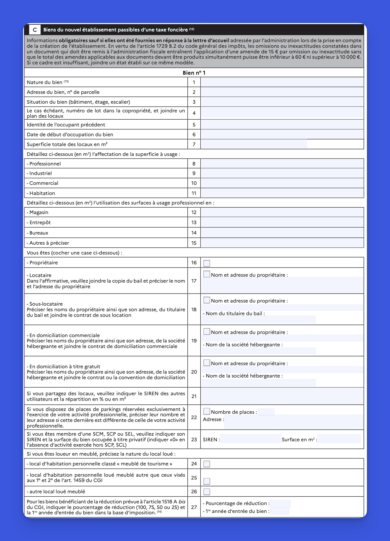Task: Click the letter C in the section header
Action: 35,30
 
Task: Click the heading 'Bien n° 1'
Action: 194,73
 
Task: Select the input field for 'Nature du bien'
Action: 282,82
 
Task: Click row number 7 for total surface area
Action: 194,144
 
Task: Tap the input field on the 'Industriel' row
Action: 282,173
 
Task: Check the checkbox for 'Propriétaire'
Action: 207,263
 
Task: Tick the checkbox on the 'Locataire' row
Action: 207,274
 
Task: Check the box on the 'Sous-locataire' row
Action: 207,300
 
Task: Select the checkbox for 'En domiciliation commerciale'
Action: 207,331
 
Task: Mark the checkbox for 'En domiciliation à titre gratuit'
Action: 207,363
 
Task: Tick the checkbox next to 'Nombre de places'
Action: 207,412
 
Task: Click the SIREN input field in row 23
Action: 250,439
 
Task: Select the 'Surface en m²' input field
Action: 339,439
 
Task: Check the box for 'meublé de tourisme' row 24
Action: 207,464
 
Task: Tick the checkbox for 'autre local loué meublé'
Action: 207,492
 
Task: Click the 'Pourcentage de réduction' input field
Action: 280,503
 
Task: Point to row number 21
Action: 194,396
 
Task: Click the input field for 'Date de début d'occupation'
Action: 282,135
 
